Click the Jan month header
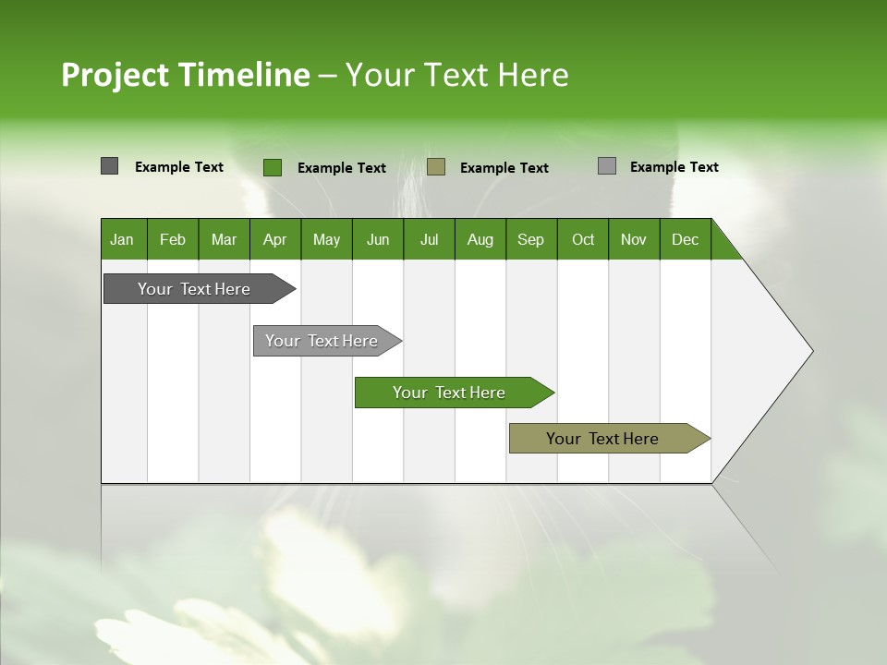tap(122, 239)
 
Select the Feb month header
tap(173, 239)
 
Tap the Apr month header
tap(274, 239)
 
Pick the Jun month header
tap(378, 239)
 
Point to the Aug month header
tap(480, 239)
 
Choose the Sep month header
tap(530, 239)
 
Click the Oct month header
tap(583, 239)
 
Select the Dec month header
tap(685, 239)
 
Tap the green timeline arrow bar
tap(450, 393)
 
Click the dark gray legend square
tap(109, 166)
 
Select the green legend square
tap(272, 167)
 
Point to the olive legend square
tap(436, 166)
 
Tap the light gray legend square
tap(607, 166)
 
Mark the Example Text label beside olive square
tap(504, 167)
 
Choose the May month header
tap(326, 239)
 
